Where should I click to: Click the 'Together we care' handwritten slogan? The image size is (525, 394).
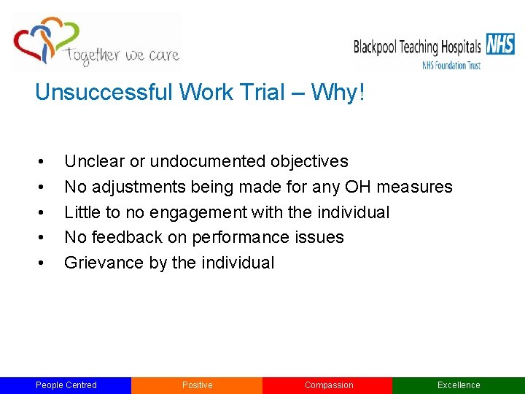point(122,55)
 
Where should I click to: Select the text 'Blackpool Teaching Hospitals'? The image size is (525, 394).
point(417,47)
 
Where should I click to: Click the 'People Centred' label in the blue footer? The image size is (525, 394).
point(66,385)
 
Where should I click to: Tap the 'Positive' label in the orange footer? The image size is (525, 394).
point(197,385)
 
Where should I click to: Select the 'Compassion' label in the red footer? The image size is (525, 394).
point(328,385)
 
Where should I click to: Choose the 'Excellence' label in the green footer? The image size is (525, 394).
point(459,385)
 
